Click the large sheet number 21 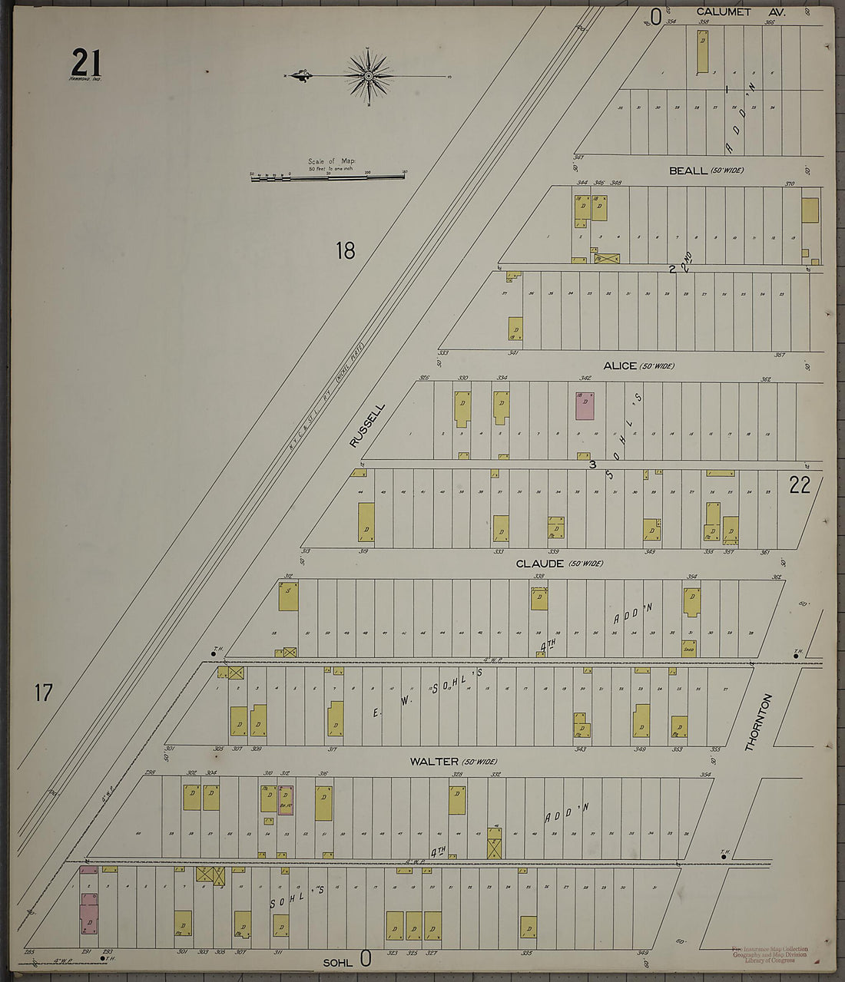coord(86,62)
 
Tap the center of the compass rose coord(369,76)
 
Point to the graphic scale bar coord(328,177)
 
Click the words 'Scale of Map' coord(331,161)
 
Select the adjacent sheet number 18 coord(345,250)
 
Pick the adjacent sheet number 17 coord(43,693)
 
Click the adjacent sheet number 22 coord(799,484)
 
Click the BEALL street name coord(688,170)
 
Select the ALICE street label coord(620,366)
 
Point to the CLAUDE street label coord(540,564)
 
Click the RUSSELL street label coord(366,426)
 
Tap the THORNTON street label coord(758,722)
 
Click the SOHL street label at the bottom coord(336,962)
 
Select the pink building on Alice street coord(585,405)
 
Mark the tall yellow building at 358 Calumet coord(702,51)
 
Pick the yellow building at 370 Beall coord(810,210)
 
